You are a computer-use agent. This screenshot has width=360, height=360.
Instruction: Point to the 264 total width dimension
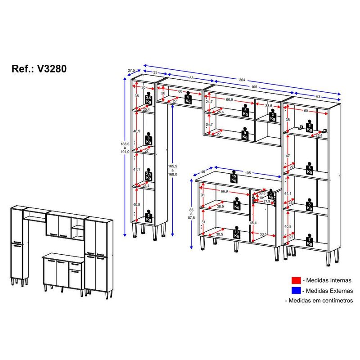point(242,80)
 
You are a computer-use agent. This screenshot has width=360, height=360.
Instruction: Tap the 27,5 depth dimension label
point(131,70)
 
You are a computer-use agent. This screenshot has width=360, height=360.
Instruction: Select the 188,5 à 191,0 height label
point(125,148)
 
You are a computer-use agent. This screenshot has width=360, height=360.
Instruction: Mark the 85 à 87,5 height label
point(193,212)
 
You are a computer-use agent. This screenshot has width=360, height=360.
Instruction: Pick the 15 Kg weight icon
point(234,177)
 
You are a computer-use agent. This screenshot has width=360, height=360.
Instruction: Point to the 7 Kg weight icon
point(309,240)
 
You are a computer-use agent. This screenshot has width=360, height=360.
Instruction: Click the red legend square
point(296,280)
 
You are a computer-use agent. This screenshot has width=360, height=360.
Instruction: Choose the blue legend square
point(296,291)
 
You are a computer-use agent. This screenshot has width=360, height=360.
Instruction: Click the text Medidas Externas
point(328,291)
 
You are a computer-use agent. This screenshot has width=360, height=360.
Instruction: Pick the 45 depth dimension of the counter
point(203,171)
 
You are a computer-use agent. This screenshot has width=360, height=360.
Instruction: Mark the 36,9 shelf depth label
point(220,206)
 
